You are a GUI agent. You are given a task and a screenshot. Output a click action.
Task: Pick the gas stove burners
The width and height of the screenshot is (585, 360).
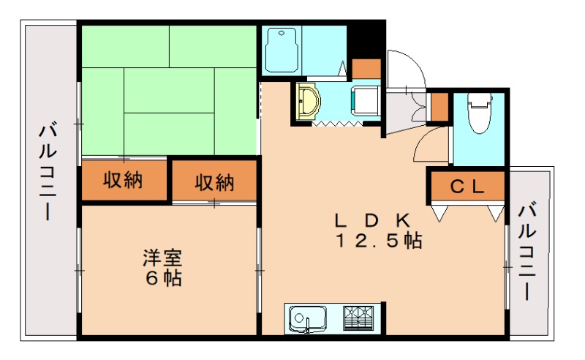tap(359, 319)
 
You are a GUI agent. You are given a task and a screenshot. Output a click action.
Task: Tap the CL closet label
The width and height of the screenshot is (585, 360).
tap(467, 187)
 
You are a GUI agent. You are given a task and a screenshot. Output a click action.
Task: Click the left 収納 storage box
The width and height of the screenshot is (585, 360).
tap(123, 180)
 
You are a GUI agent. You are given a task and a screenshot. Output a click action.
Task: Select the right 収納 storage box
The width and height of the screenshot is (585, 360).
tap(214, 181)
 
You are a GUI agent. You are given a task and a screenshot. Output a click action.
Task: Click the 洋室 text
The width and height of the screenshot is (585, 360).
tap(162, 258)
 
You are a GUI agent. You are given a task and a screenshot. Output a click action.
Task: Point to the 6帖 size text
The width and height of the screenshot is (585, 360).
tap(162, 278)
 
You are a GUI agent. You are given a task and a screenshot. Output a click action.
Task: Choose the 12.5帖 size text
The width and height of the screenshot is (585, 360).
tap(378, 241)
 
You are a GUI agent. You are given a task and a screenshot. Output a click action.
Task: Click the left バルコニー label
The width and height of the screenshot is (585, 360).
tap(49, 173)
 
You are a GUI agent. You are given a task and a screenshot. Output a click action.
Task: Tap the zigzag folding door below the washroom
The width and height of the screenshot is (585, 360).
tap(337, 124)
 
